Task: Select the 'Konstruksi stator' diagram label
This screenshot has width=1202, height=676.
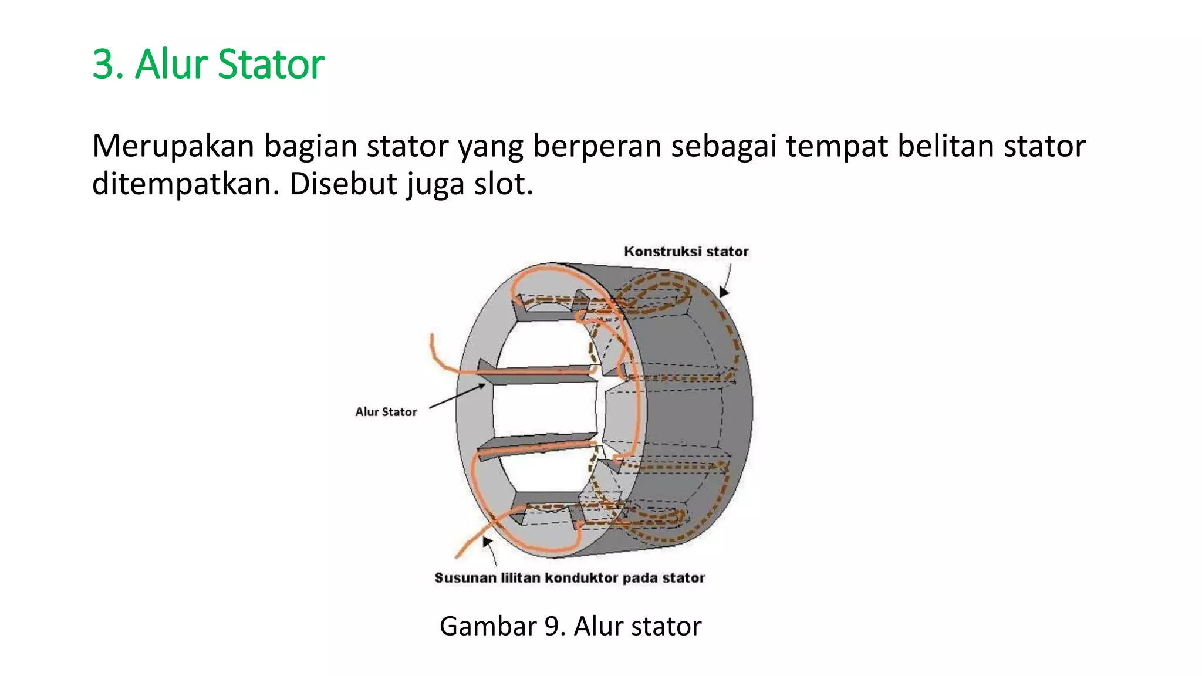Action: pyautogui.click(x=686, y=252)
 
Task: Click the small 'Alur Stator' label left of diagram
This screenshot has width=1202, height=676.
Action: pyautogui.click(x=386, y=412)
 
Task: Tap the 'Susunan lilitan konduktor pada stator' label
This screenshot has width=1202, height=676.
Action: pyautogui.click(x=569, y=578)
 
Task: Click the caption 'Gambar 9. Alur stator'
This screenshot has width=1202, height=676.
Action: pyautogui.click(x=570, y=626)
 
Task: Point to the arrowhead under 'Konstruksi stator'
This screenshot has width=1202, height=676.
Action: pyautogui.click(x=724, y=291)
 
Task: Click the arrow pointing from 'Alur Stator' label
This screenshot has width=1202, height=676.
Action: pyautogui.click(x=458, y=397)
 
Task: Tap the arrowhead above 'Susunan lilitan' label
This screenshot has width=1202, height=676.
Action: pyautogui.click(x=487, y=542)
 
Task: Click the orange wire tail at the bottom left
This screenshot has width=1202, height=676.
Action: pyautogui.click(x=464, y=549)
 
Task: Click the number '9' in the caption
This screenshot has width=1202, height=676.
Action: pyautogui.click(x=551, y=626)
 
